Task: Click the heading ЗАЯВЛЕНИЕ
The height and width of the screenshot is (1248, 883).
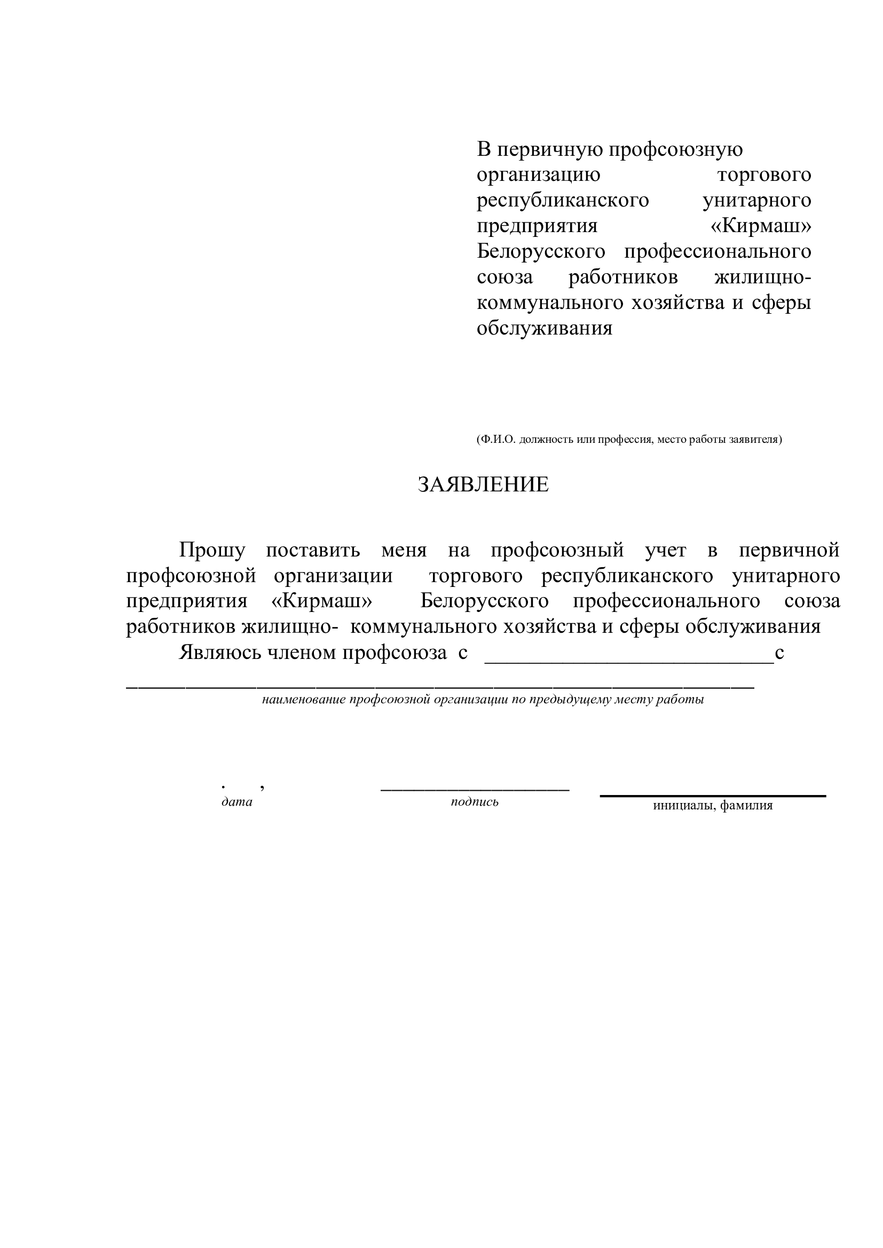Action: click(483, 484)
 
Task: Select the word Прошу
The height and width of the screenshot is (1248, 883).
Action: click(212, 551)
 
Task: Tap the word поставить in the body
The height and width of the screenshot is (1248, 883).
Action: click(313, 551)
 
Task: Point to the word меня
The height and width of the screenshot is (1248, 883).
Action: click(404, 551)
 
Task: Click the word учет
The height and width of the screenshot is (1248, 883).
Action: click(665, 551)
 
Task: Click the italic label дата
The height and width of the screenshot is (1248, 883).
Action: click(236, 802)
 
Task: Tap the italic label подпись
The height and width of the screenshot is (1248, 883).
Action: click(474, 802)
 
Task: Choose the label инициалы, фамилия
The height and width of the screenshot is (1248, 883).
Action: click(712, 806)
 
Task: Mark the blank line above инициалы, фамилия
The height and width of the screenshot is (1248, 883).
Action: click(712, 796)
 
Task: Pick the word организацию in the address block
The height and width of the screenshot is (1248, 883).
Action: click(538, 174)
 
